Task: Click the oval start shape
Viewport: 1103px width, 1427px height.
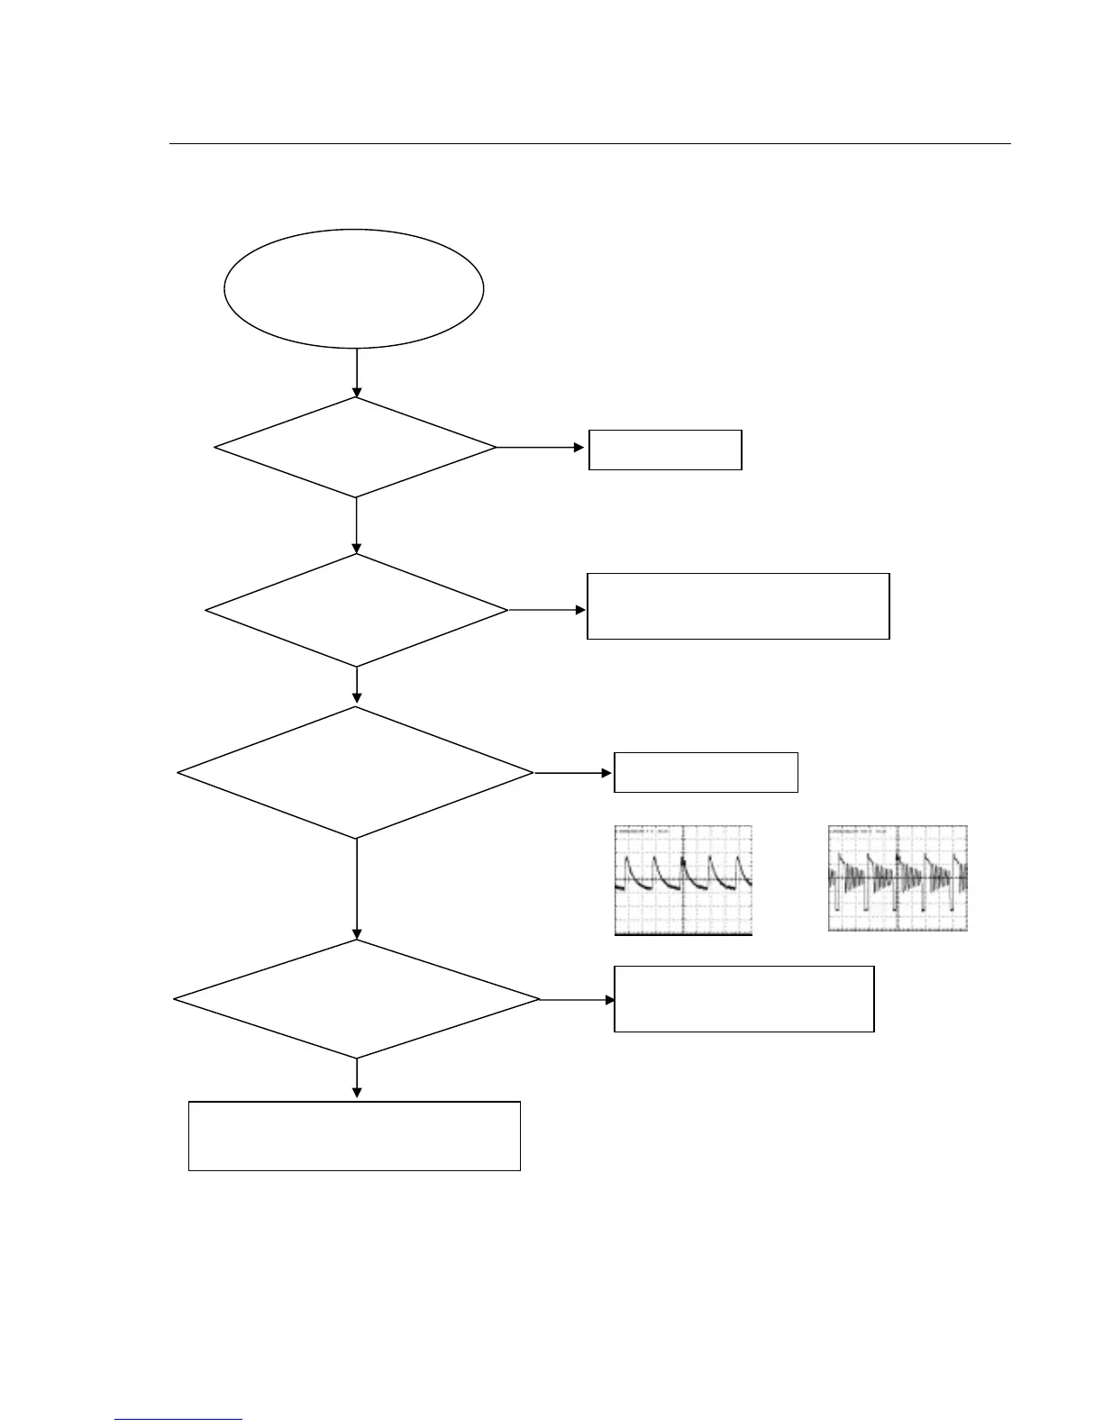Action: [353, 288]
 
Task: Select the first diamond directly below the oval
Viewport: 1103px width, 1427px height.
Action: [356, 447]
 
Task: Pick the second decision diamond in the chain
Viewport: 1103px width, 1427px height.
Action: [357, 610]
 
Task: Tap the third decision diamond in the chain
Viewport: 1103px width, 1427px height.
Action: [356, 773]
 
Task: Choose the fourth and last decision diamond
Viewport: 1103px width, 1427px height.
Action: [357, 999]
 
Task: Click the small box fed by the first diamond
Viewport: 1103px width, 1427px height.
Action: [665, 450]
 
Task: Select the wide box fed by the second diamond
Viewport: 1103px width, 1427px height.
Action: [738, 605]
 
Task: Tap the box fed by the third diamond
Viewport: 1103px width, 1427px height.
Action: [706, 772]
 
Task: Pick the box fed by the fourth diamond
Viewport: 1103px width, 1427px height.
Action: [743, 998]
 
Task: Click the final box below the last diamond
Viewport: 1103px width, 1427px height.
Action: [354, 1135]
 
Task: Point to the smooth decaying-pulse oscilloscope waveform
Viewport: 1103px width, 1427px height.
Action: [683, 880]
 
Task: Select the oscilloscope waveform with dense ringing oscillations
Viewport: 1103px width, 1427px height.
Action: [898, 877]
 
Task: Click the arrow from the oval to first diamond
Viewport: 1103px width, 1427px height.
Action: [357, 373]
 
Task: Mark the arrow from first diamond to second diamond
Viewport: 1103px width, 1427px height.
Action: [357, 525]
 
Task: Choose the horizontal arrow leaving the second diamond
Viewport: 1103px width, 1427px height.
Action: [547, 610]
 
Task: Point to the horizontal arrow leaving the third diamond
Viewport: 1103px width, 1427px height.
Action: [573, 773]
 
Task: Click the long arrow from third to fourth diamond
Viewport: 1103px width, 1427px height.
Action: [357, 889]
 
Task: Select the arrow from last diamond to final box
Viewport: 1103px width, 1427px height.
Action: [357, 1078]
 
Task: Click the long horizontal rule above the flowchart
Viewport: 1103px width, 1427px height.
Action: [590, 143]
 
